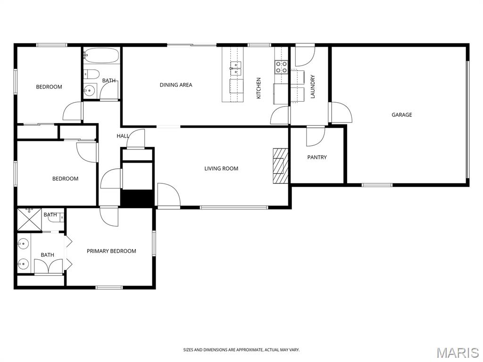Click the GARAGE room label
[402, 115]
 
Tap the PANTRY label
[317, 157]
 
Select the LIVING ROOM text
[221, 168]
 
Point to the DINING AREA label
[176, 85]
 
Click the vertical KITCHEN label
[259, 88]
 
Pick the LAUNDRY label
[313, 87]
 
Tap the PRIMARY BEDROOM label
[111, 251]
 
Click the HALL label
[123, 136]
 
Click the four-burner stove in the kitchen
[281, 67]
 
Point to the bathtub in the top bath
[101, 56]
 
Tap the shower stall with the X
[29, 219]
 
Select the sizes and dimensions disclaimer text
[241, 350]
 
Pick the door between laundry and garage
[341, 112]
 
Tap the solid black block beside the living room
[137, 198]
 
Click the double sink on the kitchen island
[236, 68]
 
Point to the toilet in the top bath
[92, 74]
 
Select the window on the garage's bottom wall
[377, 185]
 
